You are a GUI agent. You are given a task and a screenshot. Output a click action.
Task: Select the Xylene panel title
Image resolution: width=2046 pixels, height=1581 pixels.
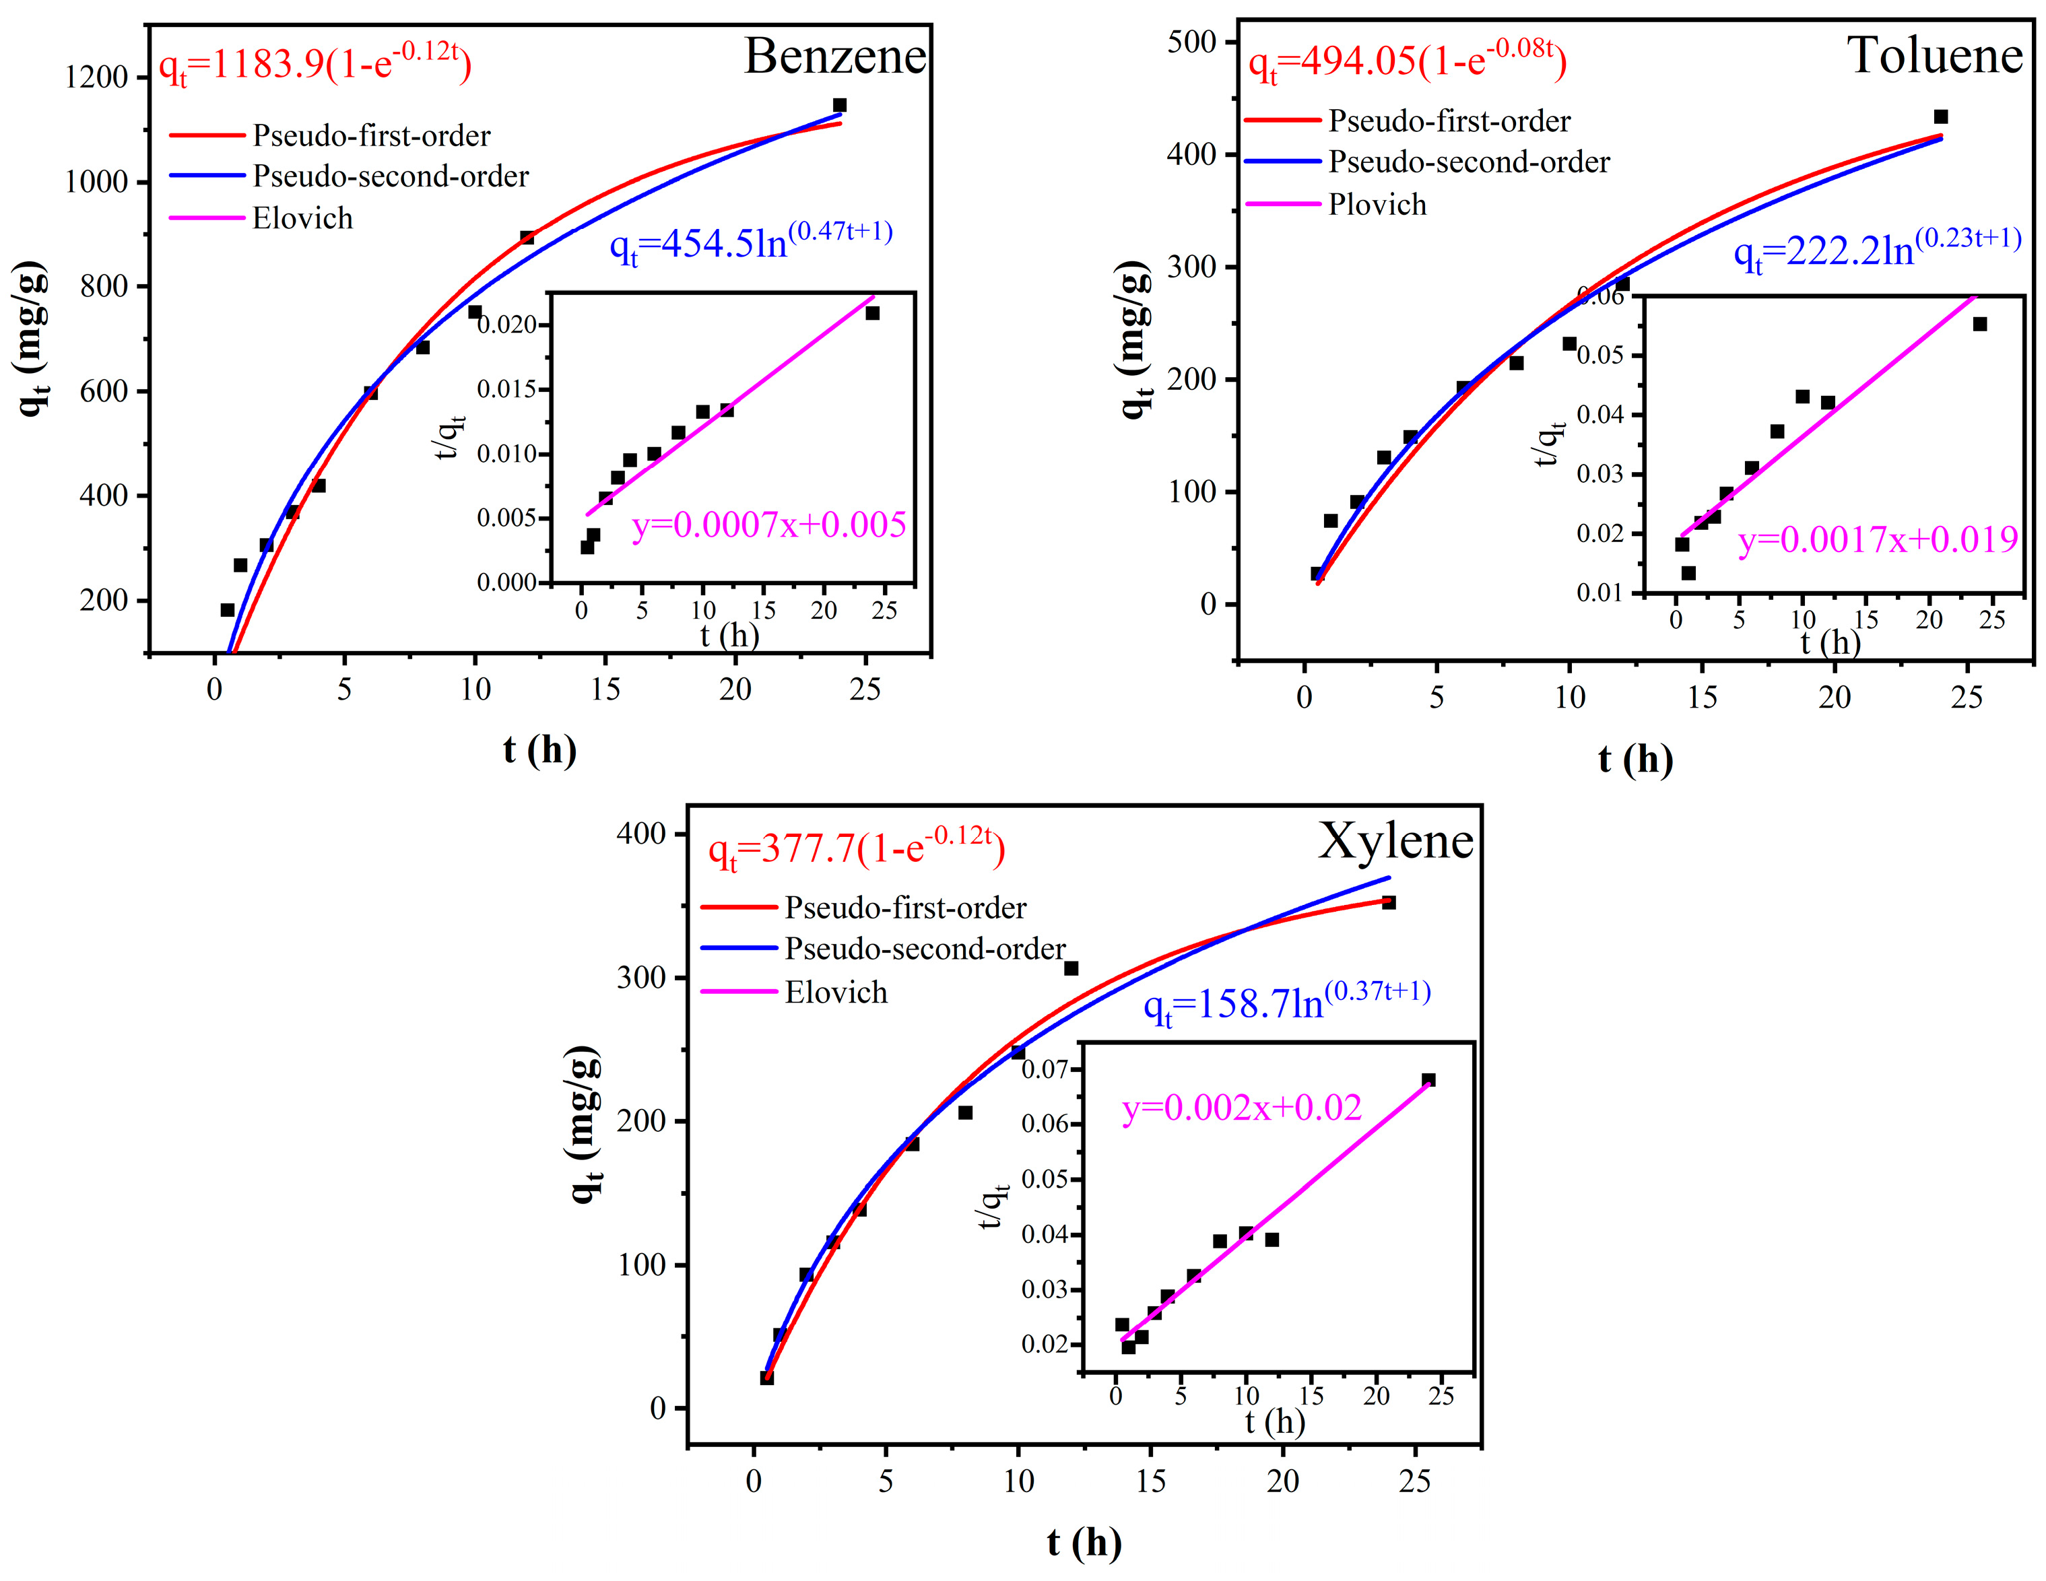(1395, 840)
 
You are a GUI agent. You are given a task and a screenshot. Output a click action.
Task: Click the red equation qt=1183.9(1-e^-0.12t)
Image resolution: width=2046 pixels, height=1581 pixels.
(315, 64)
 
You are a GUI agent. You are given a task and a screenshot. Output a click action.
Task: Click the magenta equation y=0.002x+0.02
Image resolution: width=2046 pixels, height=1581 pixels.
(1241, 1108)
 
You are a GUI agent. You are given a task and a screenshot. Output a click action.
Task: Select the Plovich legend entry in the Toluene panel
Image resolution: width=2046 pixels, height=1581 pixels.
(1376, 204)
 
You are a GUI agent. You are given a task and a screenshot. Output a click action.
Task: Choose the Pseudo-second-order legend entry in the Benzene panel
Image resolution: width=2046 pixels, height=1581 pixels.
(390, 176)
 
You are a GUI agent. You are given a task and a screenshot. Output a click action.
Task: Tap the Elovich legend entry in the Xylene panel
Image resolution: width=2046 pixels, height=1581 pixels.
(834, 992)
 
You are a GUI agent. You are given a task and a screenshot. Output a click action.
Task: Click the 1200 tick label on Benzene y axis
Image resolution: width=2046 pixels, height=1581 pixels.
(96, 77)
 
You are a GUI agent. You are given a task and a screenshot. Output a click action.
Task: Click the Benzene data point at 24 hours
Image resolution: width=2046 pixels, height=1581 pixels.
(839, 105)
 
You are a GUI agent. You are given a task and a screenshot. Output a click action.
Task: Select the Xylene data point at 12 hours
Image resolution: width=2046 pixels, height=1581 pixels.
(1071, 968)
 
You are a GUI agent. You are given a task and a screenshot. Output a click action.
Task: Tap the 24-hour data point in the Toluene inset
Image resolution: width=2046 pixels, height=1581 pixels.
(1979, 324)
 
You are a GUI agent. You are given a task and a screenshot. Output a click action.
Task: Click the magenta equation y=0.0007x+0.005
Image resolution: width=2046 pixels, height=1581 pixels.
(768, 525)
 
